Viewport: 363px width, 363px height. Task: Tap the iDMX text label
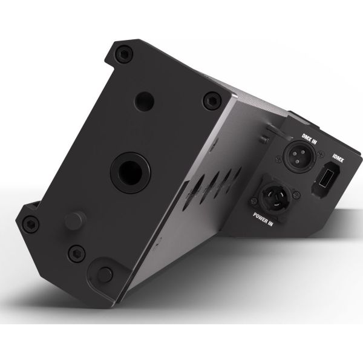[338, 158]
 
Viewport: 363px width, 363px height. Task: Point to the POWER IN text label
[263, 218]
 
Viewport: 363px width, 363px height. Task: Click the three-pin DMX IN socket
[300, 156]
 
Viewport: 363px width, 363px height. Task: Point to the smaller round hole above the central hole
[144, 102]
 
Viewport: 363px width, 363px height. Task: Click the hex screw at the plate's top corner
[124, 54]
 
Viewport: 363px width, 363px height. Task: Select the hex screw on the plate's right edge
[212, 100]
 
